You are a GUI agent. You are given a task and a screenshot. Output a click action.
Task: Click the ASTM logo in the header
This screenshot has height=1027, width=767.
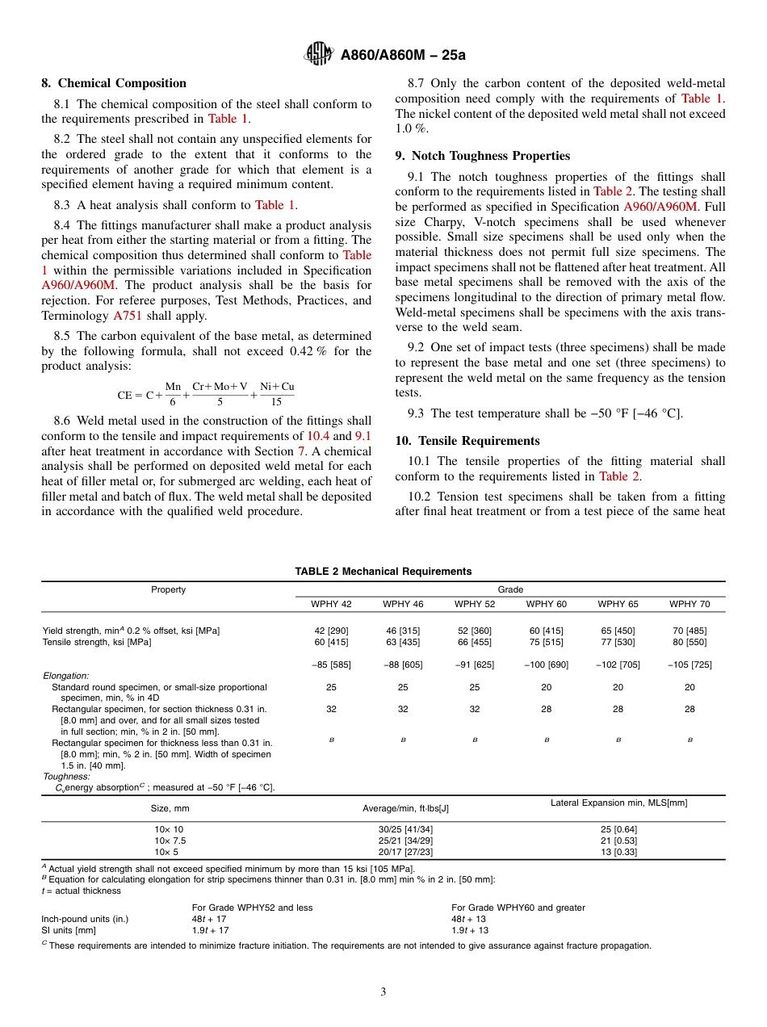tap(318, 54)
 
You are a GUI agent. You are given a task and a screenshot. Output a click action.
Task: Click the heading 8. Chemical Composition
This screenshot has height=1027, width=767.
tap(114, 83)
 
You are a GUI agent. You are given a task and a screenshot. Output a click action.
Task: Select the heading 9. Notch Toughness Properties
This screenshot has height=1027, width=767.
tap(482, 156)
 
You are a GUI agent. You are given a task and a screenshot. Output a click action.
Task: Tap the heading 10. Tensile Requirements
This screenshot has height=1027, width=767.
tap(467, 441)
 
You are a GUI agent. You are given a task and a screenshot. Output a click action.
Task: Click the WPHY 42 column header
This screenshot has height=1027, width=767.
tap(331, 604)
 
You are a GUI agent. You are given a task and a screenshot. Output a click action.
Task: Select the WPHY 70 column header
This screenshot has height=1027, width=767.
tap(689, 604)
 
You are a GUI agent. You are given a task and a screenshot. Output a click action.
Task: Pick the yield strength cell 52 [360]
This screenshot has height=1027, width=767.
tap(475, 631)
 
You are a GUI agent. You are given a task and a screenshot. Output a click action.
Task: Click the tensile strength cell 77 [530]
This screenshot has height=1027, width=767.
tap(618, 642)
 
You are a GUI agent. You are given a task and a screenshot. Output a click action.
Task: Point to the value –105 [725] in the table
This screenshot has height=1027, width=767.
tap(689, 664)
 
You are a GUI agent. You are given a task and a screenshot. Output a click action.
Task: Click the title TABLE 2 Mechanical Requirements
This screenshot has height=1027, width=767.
tap(383, 572)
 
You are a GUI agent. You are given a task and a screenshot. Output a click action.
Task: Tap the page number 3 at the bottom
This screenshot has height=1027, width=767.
tap(383, 992)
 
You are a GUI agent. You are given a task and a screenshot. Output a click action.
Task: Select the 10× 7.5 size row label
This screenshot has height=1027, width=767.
tap(170, 840)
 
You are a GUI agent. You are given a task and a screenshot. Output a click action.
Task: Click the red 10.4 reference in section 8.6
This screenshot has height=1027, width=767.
tap(319, 436)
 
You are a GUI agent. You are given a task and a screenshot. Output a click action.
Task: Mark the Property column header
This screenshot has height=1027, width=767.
tap(169, 589)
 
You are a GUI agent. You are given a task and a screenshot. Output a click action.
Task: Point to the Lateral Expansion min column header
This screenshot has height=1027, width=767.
tap(618, 803)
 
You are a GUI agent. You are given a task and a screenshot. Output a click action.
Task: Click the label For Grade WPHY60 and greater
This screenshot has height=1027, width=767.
tap(518, 908)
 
